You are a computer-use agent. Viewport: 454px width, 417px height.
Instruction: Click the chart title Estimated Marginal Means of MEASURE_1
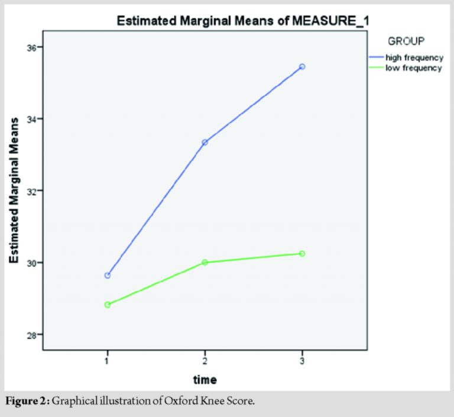242,22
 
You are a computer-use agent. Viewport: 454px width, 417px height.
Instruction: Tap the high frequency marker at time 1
107,276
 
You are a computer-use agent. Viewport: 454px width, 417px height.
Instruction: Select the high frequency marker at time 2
205,143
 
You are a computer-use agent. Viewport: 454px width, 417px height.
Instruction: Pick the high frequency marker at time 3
302,67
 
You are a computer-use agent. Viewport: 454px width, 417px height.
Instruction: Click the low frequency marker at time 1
107,305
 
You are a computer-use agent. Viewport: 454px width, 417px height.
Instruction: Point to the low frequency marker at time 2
205,262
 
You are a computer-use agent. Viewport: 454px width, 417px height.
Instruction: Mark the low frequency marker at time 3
302,254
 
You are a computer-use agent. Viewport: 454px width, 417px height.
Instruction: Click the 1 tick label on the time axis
107,359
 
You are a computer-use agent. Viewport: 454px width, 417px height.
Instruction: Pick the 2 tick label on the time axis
205,359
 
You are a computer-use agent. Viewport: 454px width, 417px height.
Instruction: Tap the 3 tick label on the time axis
302,359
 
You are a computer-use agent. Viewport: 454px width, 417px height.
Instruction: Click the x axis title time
205,379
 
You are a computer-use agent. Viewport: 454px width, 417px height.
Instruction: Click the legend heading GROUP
407,41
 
